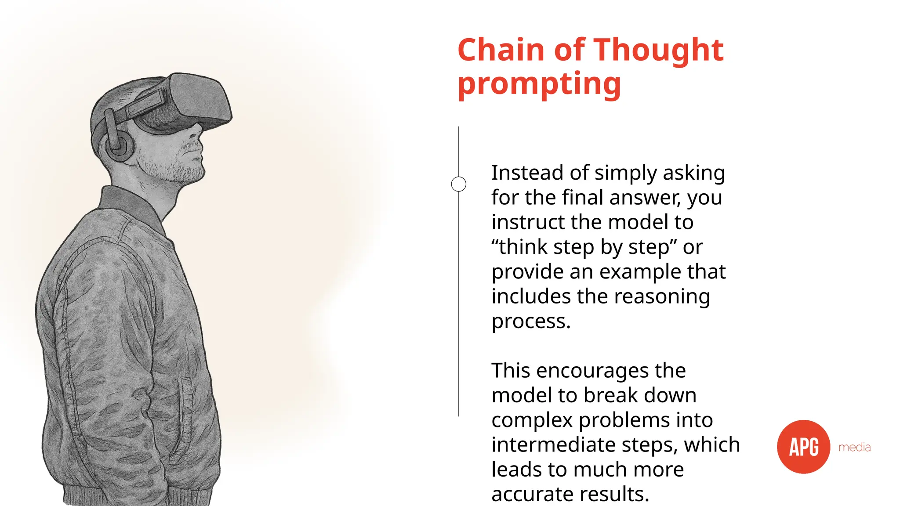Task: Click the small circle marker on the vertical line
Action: (458, 184)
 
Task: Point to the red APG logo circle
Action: (803, 447)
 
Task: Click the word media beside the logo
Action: (854, 447)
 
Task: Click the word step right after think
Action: (573, 247)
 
